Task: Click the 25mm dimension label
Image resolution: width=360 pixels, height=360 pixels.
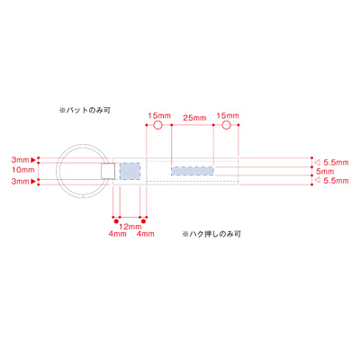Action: pyautogui.click(x=192, y=118)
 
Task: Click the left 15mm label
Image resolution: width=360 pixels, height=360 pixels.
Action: pyautogui.click(x=157, y=116)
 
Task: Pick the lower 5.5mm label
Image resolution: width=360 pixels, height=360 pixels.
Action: pyautogui.click(x=335, y=181)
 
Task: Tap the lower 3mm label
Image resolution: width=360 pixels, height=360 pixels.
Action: pyautogui.click(x=20, y=181)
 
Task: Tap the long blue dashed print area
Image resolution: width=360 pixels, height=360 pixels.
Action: pyautogui.click(x=192, y=169)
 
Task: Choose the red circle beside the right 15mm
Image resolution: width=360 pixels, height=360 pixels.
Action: pyautogui.click(x=226, y=127)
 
